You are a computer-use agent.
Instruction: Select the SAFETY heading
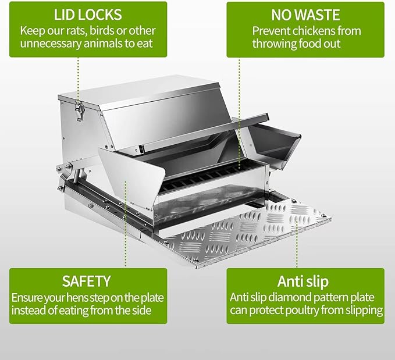pyautogui.click(x=87, y=281)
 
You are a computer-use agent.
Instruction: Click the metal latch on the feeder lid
pyautogui.click(x=79, y=108)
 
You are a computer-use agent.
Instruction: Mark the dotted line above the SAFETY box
pyautogui.click(x=125, y=227)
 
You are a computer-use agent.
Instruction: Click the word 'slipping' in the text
pyautogui.click(x=359, y=311)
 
